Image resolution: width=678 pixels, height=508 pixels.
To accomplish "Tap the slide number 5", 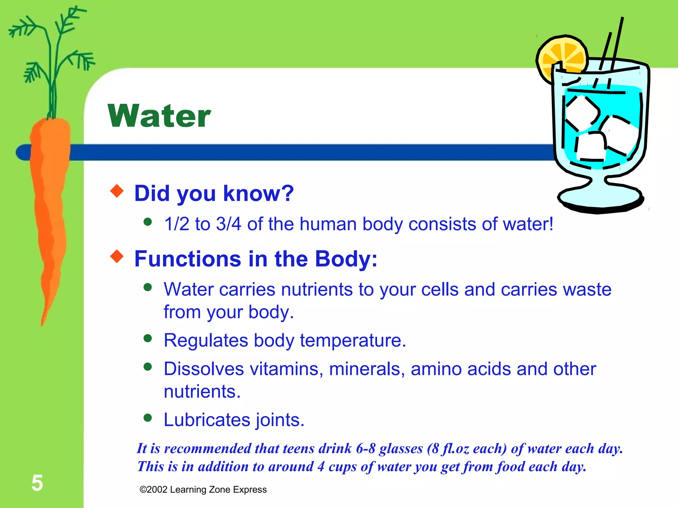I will pyautogui.click(x=37, y=483).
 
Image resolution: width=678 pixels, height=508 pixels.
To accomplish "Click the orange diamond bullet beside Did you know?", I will pyautogui.click(x=117, y=191).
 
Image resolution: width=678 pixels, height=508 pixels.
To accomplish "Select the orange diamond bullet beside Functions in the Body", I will pyautogui.click(x=117, y=256).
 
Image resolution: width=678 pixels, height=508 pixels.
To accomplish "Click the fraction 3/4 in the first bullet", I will pyautogui.click(x=228, y=224).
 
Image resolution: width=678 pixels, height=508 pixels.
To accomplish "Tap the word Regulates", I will pyautogui.click(x=206, y=340).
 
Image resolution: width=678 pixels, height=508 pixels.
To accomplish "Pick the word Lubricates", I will pyautogui.click(x=207, y=420).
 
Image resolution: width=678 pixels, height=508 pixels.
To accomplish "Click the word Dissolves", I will pyautogui.click(x=204, y=369).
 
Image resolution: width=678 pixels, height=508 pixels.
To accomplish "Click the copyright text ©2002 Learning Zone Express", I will pyautogui.click(x=203, y=489).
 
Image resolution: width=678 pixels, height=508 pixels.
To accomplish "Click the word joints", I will pyautogui.click(x=280, y=420).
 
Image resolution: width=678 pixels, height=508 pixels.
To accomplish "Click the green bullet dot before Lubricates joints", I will pyautogui.click(x=148, y=418).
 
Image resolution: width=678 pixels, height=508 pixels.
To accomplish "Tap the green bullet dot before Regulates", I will pyautogui.click(x=148, y=338).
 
